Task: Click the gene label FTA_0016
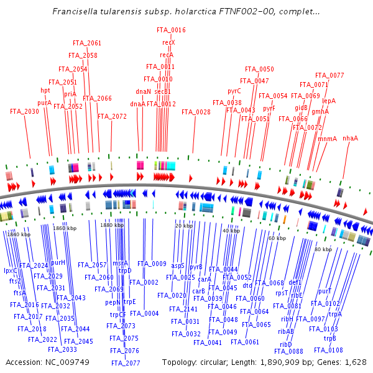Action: pos(170,30)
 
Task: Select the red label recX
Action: pos(168,42)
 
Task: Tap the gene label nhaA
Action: pos(351,138)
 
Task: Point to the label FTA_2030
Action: pos(24,111)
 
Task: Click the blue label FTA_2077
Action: pos(126,362)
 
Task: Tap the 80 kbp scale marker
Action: pos(323,249)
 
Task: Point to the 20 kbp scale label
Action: pos(183,226)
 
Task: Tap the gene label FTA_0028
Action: pos(196,112)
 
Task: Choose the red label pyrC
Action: pos(234,91)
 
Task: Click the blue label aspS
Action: pos(178,265)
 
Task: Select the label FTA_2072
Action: pos(112,116)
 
